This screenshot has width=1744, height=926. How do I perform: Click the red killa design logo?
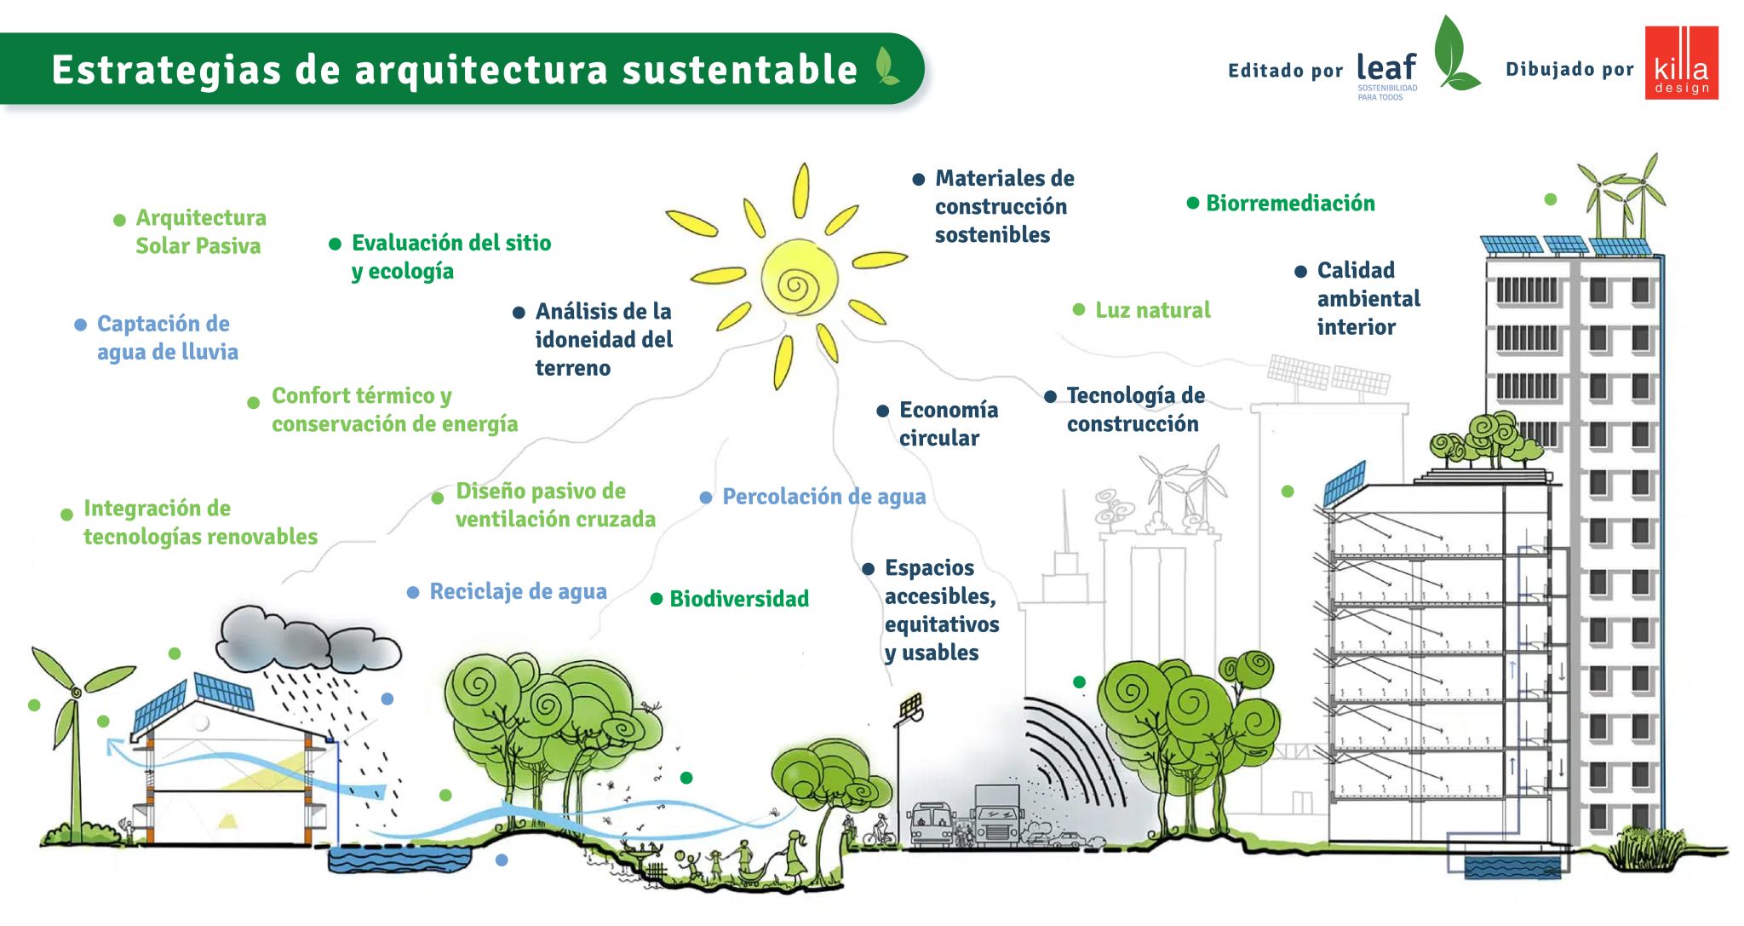point(1681,63)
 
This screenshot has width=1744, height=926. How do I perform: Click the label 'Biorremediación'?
point(1289,204)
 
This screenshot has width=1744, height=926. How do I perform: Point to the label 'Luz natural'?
point(1152,310)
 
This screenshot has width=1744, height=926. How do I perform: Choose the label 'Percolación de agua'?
point(823,497)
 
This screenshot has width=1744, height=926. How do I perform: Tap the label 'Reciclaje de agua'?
point(518,591)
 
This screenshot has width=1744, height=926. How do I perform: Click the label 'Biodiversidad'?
point(738,599)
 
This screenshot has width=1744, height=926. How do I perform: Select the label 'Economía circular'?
point(947,423)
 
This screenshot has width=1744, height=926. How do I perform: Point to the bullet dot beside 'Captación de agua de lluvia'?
point(81,325)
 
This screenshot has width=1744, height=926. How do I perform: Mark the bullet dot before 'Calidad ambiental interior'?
point(1300,272)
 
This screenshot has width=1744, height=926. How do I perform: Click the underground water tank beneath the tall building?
point(1512,867)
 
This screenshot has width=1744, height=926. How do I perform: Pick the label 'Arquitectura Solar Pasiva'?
point(200,232)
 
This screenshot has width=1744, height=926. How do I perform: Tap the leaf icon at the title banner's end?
point(886,66)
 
